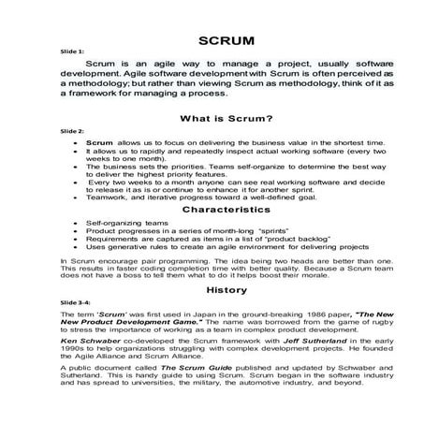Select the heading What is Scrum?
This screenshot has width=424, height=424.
[x=214, y=118]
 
